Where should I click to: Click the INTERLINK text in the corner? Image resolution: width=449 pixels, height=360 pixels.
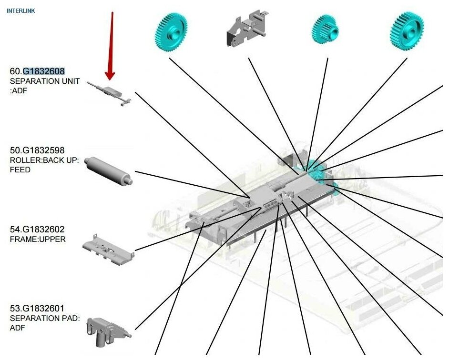click(x=20, y=10)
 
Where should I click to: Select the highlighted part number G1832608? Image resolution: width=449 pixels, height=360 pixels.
click(x=43, y=71)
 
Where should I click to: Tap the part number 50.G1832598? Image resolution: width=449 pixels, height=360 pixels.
click(x=37, y=150)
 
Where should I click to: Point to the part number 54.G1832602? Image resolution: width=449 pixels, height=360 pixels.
click(x=37, y=230)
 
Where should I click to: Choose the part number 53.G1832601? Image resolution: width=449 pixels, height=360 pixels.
click(x=37, y=309)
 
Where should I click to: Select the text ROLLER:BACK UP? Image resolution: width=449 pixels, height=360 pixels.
click(x=44, y=160)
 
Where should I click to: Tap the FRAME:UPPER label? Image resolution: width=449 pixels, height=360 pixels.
click(x=38, y=239)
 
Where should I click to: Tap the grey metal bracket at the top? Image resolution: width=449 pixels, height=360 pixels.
click(x=246, y=28)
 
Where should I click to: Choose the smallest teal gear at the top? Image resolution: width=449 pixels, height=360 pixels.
click(x=326, y=28)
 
